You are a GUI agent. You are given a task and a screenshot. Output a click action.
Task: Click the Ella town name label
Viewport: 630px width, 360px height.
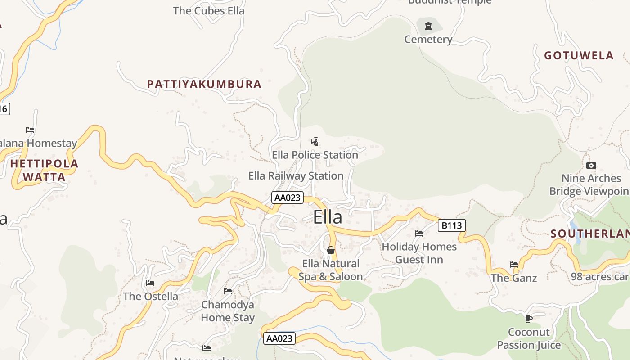pos(328,217)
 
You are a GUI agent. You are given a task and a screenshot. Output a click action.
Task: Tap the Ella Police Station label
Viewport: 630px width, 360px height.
pos(315,155)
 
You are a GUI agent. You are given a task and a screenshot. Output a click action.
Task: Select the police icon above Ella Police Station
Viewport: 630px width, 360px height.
pos(315,142)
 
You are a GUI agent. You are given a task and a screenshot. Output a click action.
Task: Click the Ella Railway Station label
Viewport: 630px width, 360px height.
pos(296,175)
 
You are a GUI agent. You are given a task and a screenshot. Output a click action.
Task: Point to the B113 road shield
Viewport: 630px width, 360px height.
pos(451,225)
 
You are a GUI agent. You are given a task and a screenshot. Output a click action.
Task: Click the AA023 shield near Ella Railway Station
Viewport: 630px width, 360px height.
pos(288,198)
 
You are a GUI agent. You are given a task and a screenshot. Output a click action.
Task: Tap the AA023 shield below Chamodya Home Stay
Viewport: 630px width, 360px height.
pos(279,338)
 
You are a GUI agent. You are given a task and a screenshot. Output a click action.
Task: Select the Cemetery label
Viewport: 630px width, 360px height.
pos(428,40)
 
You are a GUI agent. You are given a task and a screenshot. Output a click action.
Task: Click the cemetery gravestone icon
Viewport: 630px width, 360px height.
pos(428,26)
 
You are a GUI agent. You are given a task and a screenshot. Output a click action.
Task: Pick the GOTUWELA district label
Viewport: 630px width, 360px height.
pos(579,55)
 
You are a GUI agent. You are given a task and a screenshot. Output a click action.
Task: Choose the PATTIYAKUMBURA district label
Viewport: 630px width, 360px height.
pos(204,84)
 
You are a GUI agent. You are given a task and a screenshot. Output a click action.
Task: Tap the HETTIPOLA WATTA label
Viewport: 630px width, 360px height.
pos(44,170)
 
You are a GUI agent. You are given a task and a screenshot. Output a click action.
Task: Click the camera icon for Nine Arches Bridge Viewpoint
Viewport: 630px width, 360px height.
pos(591,165)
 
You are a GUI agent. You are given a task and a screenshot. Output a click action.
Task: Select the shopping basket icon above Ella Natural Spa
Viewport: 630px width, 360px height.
pos(331,250)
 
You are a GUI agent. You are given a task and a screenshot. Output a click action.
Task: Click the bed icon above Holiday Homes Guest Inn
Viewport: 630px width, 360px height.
pos(419,234)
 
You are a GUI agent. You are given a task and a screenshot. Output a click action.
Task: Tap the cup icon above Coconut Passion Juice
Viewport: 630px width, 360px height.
pos(529,319)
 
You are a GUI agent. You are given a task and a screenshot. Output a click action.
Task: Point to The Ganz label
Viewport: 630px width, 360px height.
pos(514,278)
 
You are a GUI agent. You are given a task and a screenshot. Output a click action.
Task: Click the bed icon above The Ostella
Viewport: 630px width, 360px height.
pos(150,283)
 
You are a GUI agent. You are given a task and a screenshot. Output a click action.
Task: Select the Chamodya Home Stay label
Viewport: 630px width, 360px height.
pos(227,311)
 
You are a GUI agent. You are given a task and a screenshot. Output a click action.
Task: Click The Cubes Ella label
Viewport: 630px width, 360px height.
pos(208,11)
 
